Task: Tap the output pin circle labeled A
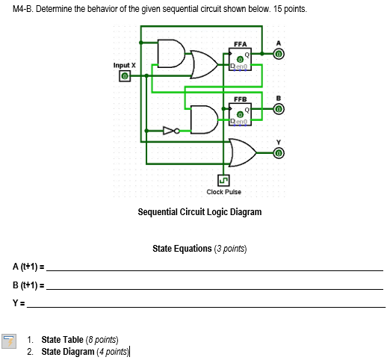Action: click(278, 55)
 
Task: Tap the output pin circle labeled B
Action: click(278, 109)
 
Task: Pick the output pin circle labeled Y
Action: click(278, 153)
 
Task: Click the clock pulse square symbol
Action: click(223, 179)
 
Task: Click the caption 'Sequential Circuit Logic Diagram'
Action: click(199, 212)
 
